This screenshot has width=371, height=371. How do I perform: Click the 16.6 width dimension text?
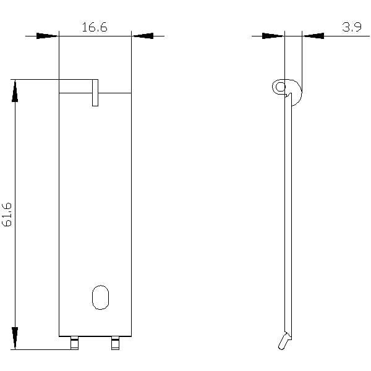click(95, 27)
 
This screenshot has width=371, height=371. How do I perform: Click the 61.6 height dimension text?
click(7, 215)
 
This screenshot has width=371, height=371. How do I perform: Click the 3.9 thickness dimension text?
click(352, 27)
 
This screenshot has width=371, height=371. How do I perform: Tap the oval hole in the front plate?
click(100, 297)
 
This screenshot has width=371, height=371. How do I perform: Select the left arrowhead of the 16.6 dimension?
click(47, 36)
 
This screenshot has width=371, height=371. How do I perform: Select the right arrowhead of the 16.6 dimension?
click(143, 36)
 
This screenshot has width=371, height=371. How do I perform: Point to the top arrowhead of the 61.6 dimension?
click(15, 92)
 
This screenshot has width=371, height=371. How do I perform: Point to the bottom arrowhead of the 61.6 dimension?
click(15, 338)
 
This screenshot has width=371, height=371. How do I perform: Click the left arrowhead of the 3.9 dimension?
click(273, 36)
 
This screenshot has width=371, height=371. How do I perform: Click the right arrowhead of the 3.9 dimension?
click(313, 36)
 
